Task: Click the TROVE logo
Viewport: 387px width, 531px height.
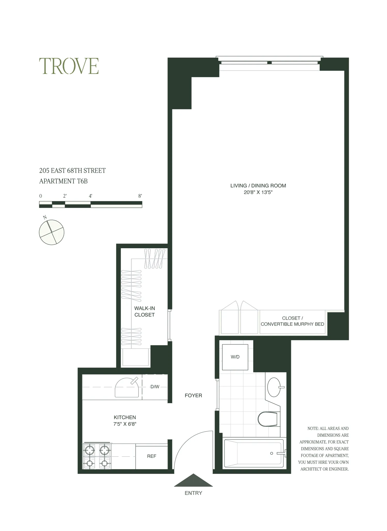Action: point(69,66)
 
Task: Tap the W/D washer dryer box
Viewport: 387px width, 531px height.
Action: point(235,357)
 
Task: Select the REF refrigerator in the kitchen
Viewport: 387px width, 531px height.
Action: point(152,456)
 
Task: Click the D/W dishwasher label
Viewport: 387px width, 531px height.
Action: point(155,387)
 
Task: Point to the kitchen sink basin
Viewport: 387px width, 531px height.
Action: point(126,388)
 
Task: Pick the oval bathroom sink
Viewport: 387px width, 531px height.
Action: point(274,387)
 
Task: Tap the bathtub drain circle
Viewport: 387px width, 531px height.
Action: point(271,453)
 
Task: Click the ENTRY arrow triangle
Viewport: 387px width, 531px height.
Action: point(193,481)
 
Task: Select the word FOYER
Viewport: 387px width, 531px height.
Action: point(193,395)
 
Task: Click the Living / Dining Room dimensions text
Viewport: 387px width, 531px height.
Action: point(258,192)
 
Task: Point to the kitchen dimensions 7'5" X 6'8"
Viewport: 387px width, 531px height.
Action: point(125,424)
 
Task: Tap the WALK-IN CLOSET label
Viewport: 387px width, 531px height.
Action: point(144,311)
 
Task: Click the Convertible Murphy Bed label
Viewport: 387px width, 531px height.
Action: point(292,324)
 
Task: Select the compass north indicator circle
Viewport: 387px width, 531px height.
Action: point(52,232)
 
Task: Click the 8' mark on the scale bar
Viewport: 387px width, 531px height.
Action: point(140,196)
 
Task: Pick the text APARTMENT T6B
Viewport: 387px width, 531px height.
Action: point(63,181)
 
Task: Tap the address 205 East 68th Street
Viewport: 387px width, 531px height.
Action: point(72,171)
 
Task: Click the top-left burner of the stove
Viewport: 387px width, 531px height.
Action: point(90,450)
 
